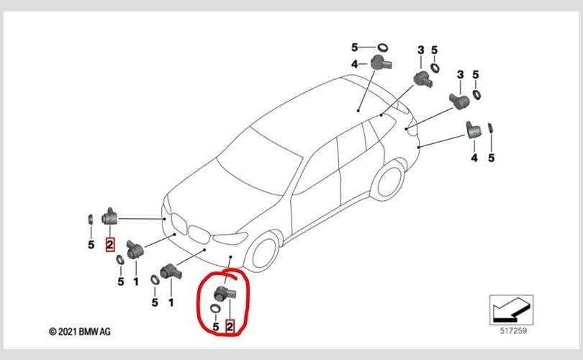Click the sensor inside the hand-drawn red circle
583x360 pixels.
[x=224, y=294]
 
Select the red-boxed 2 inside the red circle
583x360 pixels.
[x=230, y=327]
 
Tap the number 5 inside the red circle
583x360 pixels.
[x=216, y=327]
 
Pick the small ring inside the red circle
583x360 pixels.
[x=215, y=308]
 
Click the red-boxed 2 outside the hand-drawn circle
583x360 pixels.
[x=109, y=244]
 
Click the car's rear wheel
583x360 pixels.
[x=388, y=181]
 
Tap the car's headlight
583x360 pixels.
[x=230, y=238]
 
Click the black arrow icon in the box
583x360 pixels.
[x=511, y=310]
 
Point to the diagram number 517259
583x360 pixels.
[x=513, y=330]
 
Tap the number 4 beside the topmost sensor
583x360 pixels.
[x=355, y=64]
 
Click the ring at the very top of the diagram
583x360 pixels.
[x=383, y=48]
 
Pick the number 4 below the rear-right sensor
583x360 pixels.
[x=474, y=158]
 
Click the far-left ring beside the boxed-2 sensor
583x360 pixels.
[x=91, y=219]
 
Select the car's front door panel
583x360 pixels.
[x=316, y=194]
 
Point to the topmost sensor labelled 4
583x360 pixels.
[x=380, y=63]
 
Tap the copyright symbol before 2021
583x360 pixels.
[x=53, y=331]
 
